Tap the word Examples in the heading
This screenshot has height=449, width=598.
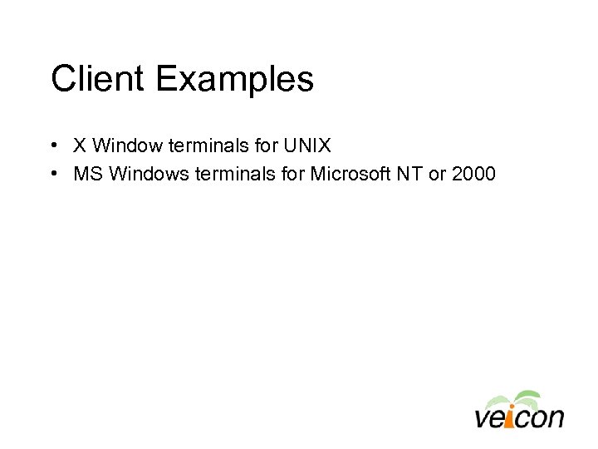234,80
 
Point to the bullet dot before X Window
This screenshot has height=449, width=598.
52,146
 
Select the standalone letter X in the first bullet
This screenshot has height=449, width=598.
80,146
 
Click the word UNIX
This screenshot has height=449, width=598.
307,146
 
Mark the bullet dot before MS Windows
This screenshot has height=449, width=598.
52,174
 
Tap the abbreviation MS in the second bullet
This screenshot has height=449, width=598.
87,174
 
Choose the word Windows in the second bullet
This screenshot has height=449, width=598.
145,174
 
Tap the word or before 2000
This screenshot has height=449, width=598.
439,174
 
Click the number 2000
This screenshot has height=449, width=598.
474,174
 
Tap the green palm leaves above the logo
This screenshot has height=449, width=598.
514,398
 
